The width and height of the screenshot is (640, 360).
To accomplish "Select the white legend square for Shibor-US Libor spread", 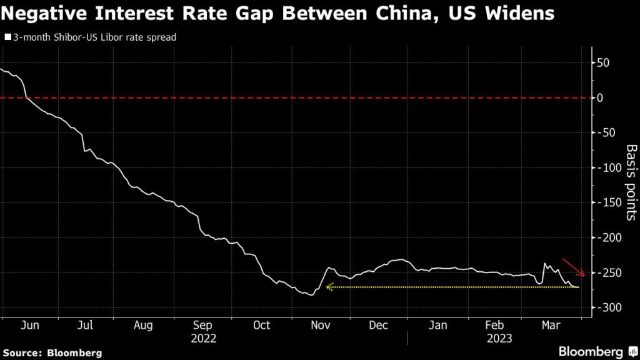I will (7, 37).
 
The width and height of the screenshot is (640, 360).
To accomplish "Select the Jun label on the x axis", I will (30, 325).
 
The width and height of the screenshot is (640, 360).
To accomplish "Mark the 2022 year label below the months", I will (203, 338).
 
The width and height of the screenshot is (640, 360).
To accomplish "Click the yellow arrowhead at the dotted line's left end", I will (329, 287).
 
